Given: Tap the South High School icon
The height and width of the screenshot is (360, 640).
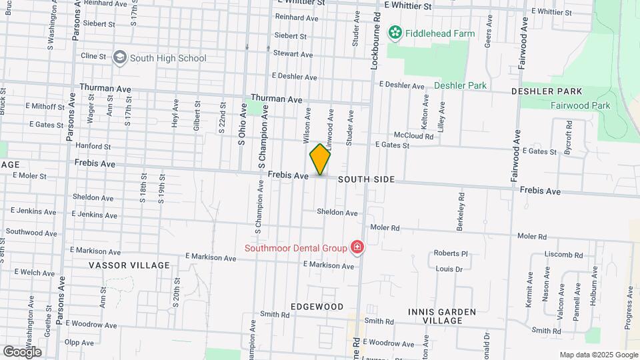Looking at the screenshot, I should [x=120, y=58].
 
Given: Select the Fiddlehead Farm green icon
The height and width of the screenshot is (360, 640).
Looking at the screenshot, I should [x=395, y=33].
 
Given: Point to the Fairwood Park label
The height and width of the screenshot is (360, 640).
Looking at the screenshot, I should [x=580, y=105].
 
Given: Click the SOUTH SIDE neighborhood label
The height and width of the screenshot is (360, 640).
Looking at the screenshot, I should [x=366, y=179].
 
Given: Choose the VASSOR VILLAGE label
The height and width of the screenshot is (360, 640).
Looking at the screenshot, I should [x=129, y=265].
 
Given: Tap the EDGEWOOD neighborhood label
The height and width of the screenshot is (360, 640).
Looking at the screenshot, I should [x=317, y=307].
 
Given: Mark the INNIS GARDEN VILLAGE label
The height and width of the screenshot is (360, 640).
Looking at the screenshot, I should [x=443, y=315].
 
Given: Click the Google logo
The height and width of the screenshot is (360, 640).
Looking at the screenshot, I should [x=22, y=351].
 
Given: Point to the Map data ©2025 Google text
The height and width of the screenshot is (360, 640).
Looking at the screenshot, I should [x=599, y=355].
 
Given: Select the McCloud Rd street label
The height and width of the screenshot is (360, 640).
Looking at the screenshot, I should [x=413, y=136].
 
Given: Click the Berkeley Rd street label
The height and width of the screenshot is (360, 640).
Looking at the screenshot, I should [x=460, y=213].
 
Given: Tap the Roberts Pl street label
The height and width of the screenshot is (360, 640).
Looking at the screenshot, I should [x=451, y=253].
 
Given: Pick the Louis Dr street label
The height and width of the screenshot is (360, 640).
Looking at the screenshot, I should [x=449, y=269].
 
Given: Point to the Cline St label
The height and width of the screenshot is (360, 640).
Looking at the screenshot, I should [x=93, y=57].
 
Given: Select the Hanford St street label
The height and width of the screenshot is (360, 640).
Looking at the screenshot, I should [x=93, y=146].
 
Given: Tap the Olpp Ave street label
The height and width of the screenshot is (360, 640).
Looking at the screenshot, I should [x=79, y=343].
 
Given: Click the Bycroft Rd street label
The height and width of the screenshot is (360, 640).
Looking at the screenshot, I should [x=568, y=135].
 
